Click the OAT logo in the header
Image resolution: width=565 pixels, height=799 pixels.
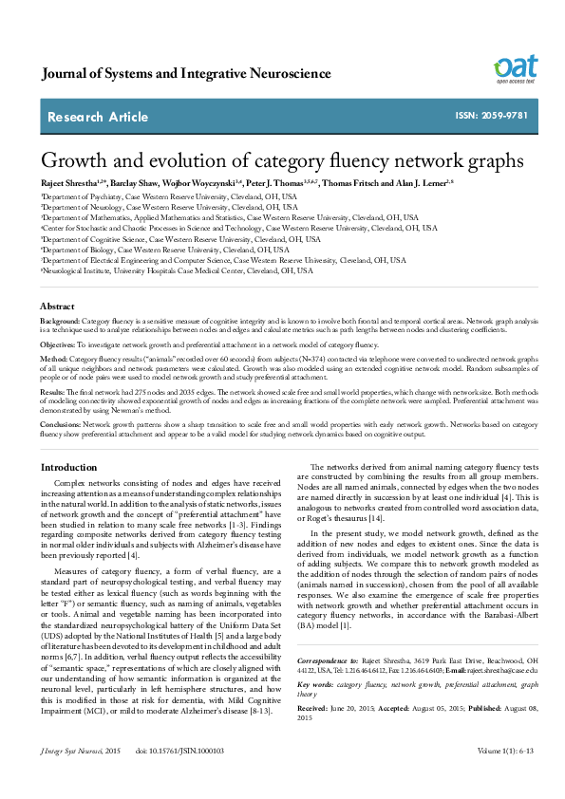point(515,68)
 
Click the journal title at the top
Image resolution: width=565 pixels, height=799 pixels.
point(186,74)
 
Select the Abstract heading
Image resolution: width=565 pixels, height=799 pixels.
point(57,307)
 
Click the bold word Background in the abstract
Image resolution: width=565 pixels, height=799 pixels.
point(60,323)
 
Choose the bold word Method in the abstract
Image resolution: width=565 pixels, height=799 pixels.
point(53,360)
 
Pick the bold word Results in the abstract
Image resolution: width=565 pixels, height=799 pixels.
point(53,390)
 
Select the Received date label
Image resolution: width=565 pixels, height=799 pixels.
point(314,707)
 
